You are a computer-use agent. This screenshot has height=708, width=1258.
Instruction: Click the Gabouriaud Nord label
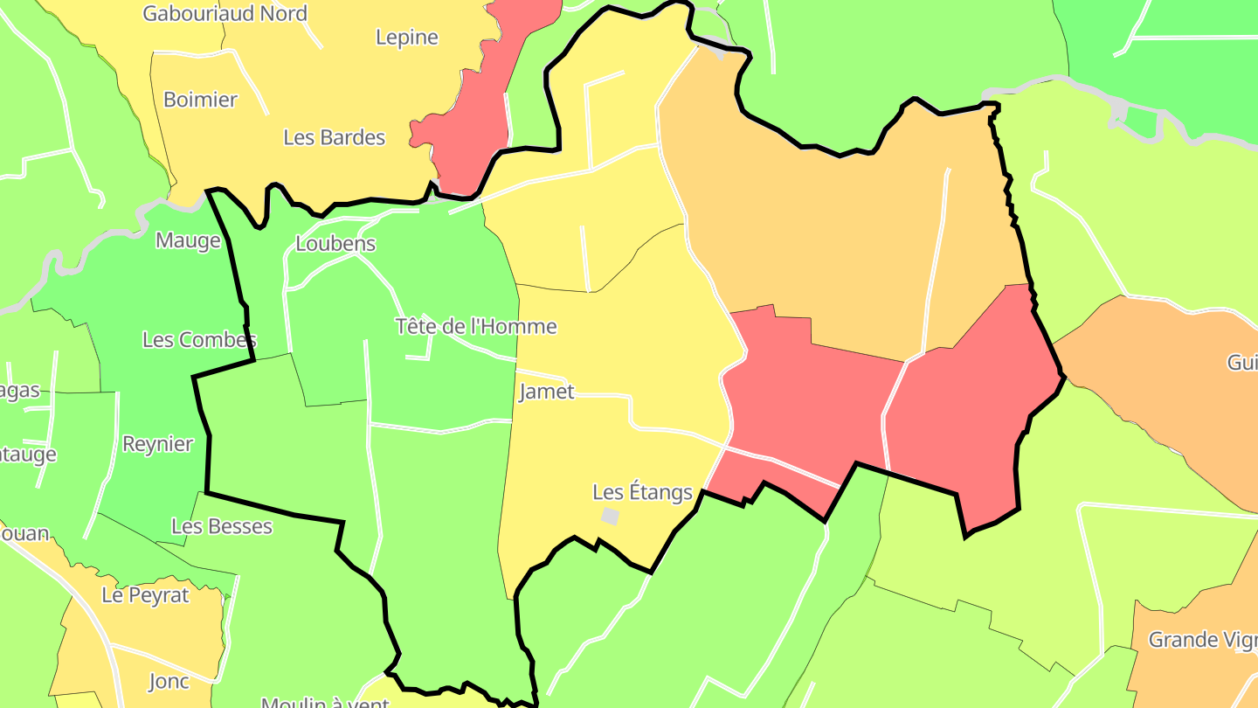[x=225, y=14]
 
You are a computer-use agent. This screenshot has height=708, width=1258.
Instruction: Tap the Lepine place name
[x=406, y=38]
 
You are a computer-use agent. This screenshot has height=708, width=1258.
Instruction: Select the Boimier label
[x=200, y=100]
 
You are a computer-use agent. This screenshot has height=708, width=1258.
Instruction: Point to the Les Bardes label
[x=334, y=137]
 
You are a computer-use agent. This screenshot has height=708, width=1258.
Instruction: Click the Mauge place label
[x=188, y=240]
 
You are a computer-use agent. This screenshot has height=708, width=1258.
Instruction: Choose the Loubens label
[x=335, y=244]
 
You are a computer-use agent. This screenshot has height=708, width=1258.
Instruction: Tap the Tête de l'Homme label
[x=476, y=327]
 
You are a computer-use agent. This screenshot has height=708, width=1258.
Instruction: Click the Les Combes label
[x=199, y=340]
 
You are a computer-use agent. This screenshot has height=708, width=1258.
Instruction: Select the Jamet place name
[x=547, y=392]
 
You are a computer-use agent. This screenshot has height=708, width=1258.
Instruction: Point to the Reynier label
[x=157, y=444]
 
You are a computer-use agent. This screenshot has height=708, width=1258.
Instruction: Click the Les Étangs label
[x=642, y=492]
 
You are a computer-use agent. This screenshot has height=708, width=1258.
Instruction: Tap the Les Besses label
[x=222, y=526]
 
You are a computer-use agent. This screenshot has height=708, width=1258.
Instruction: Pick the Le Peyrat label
[x=145, y=595]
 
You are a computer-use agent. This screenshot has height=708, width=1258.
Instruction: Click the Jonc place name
[x=169, y=681]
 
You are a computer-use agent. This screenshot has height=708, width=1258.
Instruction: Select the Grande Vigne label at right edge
[x=1202, y=640]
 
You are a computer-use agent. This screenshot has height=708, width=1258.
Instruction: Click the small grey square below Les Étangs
[x=610, y=517]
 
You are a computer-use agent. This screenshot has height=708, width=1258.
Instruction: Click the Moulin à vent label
[x=325, y=702]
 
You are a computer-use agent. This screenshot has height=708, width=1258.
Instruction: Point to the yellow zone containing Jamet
[x=612, y=350]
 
